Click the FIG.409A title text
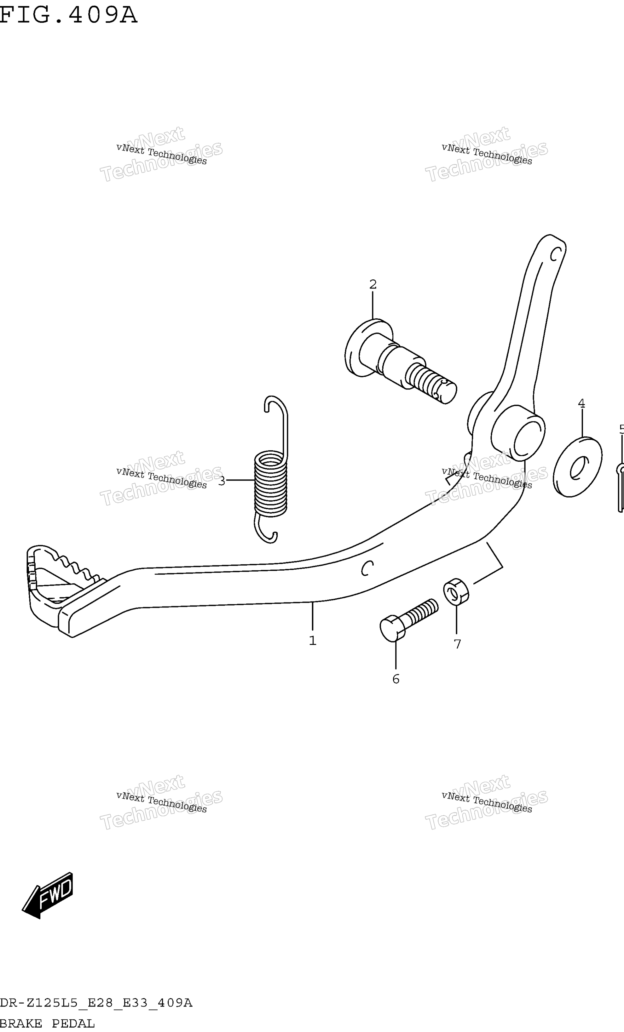pos(68,15)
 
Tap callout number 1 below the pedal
pos(313,640)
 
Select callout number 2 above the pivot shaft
pos(373,284)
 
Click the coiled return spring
pos(271,470)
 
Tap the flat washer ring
pos(577,467)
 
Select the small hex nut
pos(456,592)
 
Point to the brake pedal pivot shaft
pos(400,361)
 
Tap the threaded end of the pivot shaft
pos(432,383)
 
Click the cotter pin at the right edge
pos(621,487)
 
